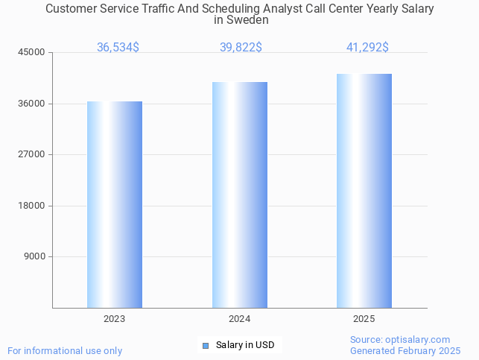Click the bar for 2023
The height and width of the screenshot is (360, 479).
click(x=115, y=204)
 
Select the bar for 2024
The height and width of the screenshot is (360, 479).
click(x=240, y=195)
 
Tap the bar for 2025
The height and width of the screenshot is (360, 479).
click(x=364, y=191)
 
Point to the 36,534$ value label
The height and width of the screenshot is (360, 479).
click(x=118, y=48)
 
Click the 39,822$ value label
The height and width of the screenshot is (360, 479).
click(x=241, y=48)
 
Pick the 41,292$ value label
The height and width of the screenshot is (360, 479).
click(x=367, y=48)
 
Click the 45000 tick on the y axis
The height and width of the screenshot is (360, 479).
click(x=33, y=52)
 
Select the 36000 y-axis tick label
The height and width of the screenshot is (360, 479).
click(x=33, y=104)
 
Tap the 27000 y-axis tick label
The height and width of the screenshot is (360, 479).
click(x=33, y=154)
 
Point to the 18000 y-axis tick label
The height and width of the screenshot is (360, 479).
click(x=33, y=206)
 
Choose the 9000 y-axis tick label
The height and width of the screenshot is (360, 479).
click(x=35, y=256)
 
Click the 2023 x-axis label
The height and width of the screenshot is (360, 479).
click(x=115, y=319)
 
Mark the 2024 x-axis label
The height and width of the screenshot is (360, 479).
click(x=240, y=319)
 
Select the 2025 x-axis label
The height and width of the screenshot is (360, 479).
click(x=364, y=319)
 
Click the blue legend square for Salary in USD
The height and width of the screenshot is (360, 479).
click(x=206, y=345)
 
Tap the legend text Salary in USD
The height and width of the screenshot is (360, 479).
click(x=245, y=345)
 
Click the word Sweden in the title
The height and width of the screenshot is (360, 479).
click(x=251, y=21)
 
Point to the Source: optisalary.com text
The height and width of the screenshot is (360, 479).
click(x=400, y=340)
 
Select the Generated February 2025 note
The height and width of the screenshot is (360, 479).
click(x=405, y=351)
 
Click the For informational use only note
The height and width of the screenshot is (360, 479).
click(x=65, y=351)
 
